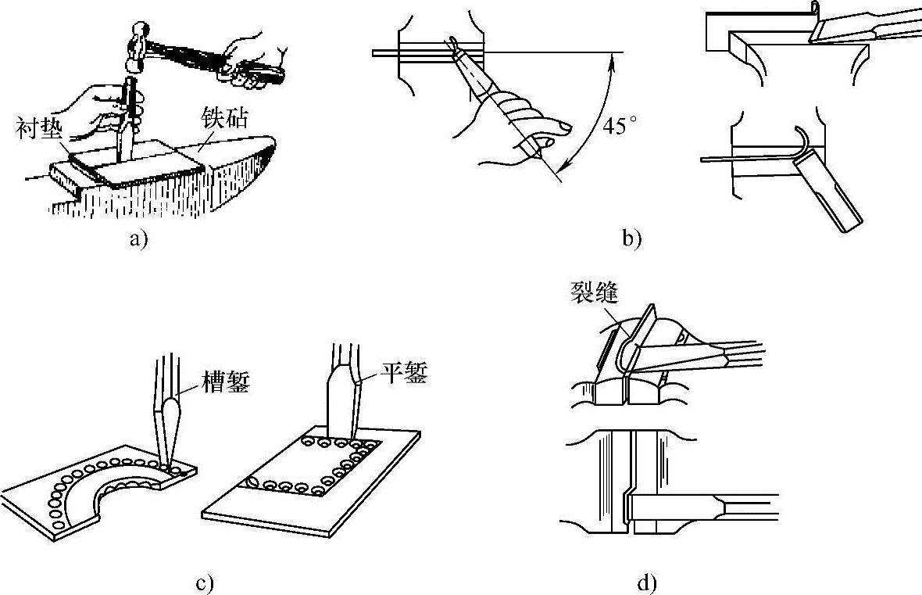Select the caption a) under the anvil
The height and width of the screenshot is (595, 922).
(x=138, y=239)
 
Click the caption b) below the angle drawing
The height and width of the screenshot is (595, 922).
(x=631, y=239)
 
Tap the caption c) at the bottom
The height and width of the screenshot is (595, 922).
(x=205, y=582)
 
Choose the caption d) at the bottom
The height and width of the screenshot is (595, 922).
(x=648, y=582)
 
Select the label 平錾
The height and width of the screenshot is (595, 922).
(x=404, y=374)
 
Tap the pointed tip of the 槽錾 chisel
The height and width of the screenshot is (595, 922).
(x=171, y=466)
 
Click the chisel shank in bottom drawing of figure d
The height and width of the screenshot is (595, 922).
(x=750, y=507)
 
